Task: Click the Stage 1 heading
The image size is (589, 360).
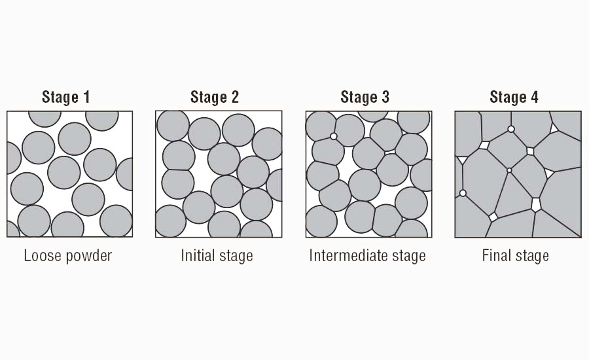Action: (x=65, y=98)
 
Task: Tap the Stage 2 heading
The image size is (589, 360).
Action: (x=215, y=98)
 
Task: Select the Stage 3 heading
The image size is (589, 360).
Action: (x=365, y=98)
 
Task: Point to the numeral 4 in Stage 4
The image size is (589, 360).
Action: (x=535, y=98)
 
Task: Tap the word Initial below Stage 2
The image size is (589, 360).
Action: (x=197, y=255)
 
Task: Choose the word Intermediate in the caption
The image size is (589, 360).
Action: (x=348, y=255)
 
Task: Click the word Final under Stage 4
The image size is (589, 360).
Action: (x=496, y=255)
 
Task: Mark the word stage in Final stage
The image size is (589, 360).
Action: (x=532, y=256)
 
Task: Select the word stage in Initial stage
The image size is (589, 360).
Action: (x=236, y=256)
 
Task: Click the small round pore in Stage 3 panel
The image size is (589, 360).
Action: (x=334, y=136)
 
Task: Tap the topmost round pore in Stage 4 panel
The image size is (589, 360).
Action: (x=511, y=129)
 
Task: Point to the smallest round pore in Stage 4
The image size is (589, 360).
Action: (x=509, y=170)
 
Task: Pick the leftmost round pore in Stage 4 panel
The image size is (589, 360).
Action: (x=463, y=193)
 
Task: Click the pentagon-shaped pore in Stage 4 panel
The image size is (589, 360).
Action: (x=537, y=204)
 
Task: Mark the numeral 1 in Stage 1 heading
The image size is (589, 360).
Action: (x=85, y=98)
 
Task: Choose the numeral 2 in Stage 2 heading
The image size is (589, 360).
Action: (x=234, y=98)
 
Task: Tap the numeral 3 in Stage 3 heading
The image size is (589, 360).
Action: (x=385, y=98)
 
